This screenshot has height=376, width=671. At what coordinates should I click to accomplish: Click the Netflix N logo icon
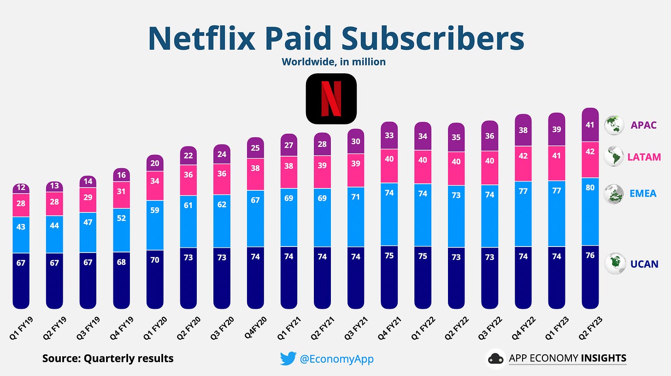331,99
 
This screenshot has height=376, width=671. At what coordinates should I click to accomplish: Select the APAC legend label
640,125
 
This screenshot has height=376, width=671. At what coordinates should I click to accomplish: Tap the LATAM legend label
643,157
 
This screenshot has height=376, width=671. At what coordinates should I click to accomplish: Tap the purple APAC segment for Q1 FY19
21,188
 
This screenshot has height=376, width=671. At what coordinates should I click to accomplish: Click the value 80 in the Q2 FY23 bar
590,188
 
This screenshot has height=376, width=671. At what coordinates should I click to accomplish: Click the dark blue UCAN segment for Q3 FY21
355,276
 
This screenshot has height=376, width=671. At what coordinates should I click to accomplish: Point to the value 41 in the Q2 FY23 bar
590,124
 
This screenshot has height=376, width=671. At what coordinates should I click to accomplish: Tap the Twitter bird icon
288,359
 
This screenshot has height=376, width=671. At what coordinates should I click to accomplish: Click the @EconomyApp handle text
336,359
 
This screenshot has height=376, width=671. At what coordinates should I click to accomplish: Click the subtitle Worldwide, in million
334,61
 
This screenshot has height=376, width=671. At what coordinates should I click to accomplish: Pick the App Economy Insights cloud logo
496,358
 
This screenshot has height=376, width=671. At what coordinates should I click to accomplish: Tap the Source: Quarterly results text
108,358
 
